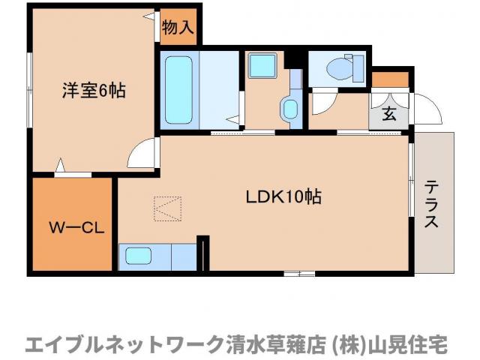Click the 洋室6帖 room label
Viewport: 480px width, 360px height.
pos(93,91)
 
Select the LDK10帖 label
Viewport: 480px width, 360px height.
pos(284,197)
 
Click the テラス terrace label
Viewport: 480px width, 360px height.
pos(433,204)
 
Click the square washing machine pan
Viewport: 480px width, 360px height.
pos(263,66)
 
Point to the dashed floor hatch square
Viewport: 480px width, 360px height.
pos(168,208)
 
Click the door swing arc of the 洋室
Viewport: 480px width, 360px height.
pos(140,155)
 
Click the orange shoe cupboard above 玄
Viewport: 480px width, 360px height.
pos(390,79)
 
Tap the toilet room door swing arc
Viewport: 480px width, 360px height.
pos(324,101)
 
